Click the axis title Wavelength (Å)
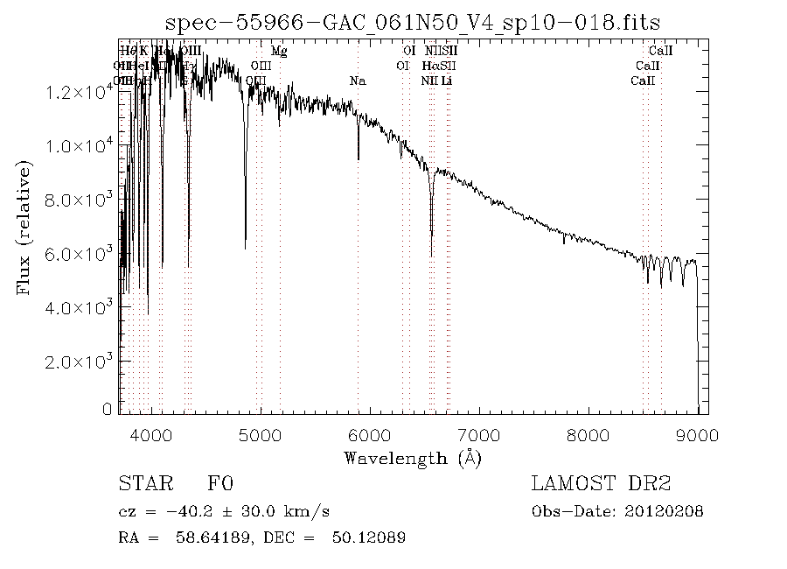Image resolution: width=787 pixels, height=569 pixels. tap(413, 458)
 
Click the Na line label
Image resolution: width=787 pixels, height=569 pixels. tap(357, 81)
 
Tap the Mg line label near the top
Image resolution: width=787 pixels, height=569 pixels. tap(279, 51)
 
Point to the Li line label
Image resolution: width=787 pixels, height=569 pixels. tap(447, 81)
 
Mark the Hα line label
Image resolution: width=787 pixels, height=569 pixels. tap(430, 66)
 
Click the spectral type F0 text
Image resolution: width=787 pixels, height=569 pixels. tap(219, 484)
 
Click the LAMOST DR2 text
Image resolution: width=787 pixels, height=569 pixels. tap(601, 484)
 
